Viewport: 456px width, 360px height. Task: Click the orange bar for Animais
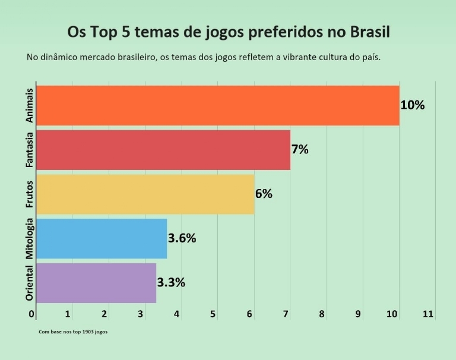point(217,106)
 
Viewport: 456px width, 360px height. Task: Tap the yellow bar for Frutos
point(145,194)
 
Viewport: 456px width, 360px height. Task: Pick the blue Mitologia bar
point(102,238)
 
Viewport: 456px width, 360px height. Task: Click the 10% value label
point(413,105)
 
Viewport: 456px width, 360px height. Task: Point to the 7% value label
point(300,150)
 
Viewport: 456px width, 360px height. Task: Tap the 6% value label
point(264,194)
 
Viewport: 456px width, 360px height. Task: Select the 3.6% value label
point(182,238)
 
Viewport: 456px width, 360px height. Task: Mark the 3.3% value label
point(171,282)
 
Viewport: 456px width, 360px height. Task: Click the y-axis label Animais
point(30,106)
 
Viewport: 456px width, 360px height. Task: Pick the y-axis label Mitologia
point(30,238)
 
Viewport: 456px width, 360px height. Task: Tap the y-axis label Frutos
point(30,194)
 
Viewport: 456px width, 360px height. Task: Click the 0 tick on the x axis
point(33,314)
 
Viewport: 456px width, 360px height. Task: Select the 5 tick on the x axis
point(213,314)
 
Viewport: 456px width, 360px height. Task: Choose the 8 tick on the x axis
point(322,314)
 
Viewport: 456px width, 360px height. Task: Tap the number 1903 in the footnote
point(87,331)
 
